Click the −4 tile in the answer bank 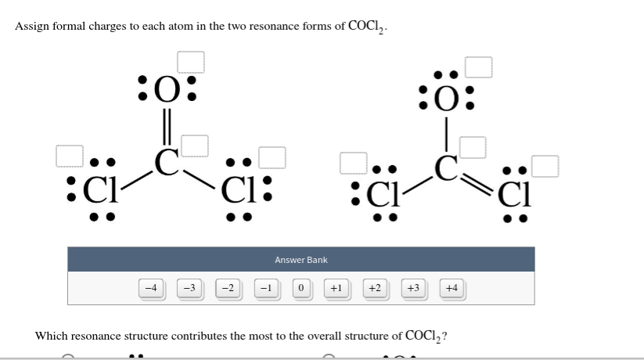[152, 288]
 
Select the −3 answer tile [189, 288]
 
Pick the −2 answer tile [227, 288]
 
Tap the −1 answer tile [265, 288]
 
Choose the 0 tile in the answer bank [300, 288]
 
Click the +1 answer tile [336, 288]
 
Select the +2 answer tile [375, 288]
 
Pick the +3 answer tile [414, 288]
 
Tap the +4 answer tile [452, 288]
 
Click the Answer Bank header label [301, 260]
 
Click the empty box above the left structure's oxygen [190, 61]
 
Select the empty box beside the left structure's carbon [195, 146]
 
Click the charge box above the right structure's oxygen [479, 67]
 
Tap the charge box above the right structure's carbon [473, 146]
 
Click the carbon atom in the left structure [167, 162]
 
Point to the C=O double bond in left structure [167, 125]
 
